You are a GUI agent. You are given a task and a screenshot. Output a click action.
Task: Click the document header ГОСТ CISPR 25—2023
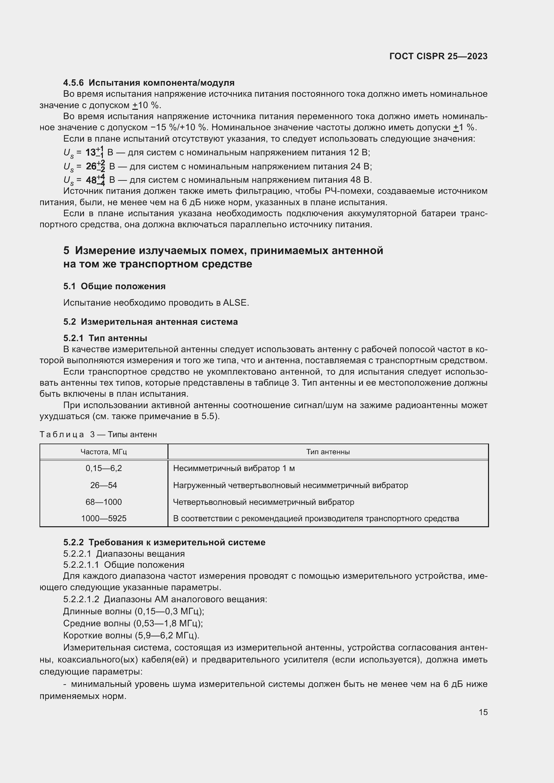pyautogui.click(x=438, y=56)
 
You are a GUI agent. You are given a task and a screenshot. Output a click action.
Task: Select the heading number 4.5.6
pyautogui.click(x=73, y=83)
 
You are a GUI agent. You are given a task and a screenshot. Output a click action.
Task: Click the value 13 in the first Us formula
pyautogui.click(x=91, y=152)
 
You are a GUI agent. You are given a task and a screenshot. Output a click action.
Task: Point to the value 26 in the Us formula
pyautogui.click(x=91, y=166)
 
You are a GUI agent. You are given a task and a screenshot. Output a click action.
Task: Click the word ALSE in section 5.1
pyautogui.click(x=235, y=303)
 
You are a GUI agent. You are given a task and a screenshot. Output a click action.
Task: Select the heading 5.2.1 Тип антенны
pyautogui.click(x=105, y=338)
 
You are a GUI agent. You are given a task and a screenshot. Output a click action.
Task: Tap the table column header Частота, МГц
pyautogui.click(x=104, y=452)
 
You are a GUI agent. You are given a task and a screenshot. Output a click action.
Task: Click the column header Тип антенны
pyautogui.click(x=328, y=452)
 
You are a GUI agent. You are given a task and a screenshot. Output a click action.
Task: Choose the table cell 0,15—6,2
pyautogui.click(x=104, y=468)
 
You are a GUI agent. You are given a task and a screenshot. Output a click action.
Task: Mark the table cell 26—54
pyautogui.click(x=104, y=485)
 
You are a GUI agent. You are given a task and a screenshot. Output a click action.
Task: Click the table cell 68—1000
pyautogui.click(x=104, y=502)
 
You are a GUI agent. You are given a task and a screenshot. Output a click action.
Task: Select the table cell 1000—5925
pyautogui.click(x=104, y=518)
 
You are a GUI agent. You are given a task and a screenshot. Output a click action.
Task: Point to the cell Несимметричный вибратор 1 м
pyautogui.click(x=234, y=468)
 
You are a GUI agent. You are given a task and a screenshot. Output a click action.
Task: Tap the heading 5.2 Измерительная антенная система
pyautogui.click(x=150, y=322)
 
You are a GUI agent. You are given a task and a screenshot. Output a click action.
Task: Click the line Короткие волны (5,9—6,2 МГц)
pyautogui.click(x=131, y=635)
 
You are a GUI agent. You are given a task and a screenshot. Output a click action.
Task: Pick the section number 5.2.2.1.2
pyautogui.click(x=81, y=599)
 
